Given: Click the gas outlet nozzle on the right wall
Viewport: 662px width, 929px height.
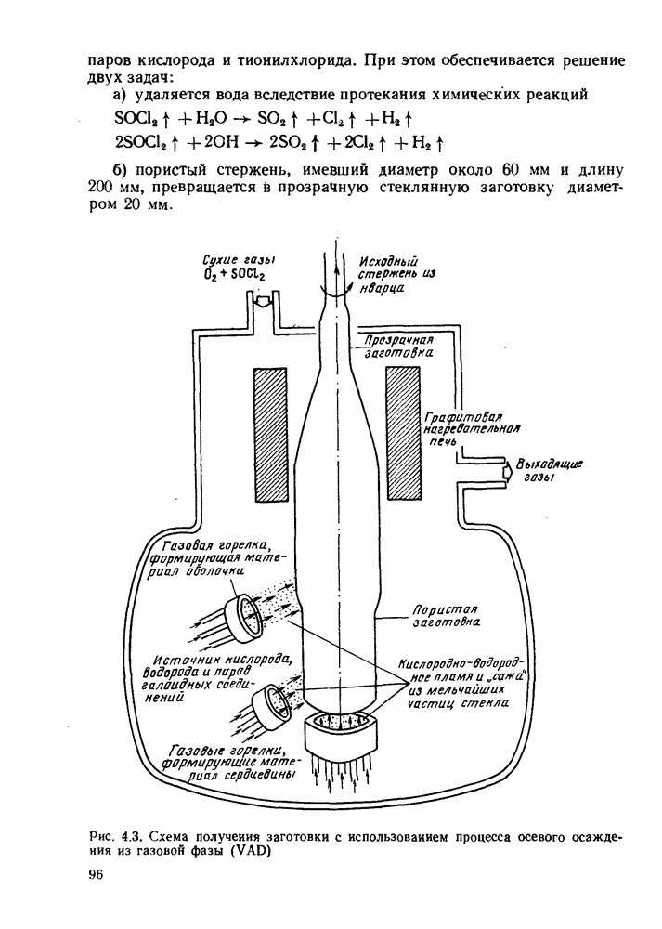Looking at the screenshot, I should [x=506, y=471].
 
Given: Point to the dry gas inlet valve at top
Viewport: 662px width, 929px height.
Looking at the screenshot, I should [x=263, y=302].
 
